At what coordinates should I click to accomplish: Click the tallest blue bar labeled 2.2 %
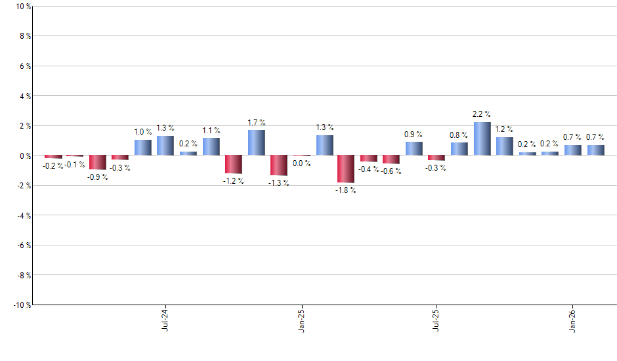click(x=482, y=139)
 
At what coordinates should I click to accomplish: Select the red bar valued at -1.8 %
click(x=346, y=169)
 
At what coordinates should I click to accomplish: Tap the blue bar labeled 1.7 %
click(x=256, y=143)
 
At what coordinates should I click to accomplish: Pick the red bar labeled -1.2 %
click(x=234, y=164)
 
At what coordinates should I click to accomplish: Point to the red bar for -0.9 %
click(x=98, y=162)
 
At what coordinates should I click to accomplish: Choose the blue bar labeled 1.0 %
click(x=143, y=148)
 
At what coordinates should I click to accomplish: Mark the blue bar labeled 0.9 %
click(x=414, y=149)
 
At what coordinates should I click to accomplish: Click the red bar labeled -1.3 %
click(x=278, y=165)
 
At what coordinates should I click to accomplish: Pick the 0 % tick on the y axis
click(x=24, y=156)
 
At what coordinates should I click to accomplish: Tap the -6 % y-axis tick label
click(x=22, y=245)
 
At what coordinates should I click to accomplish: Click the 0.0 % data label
click(x=301, y=163)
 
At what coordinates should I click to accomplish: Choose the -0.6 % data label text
click(x=392, y=171)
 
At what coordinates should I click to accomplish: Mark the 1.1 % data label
click(x=211, y=131)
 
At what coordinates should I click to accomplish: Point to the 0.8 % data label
click(x=459, y=135)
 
